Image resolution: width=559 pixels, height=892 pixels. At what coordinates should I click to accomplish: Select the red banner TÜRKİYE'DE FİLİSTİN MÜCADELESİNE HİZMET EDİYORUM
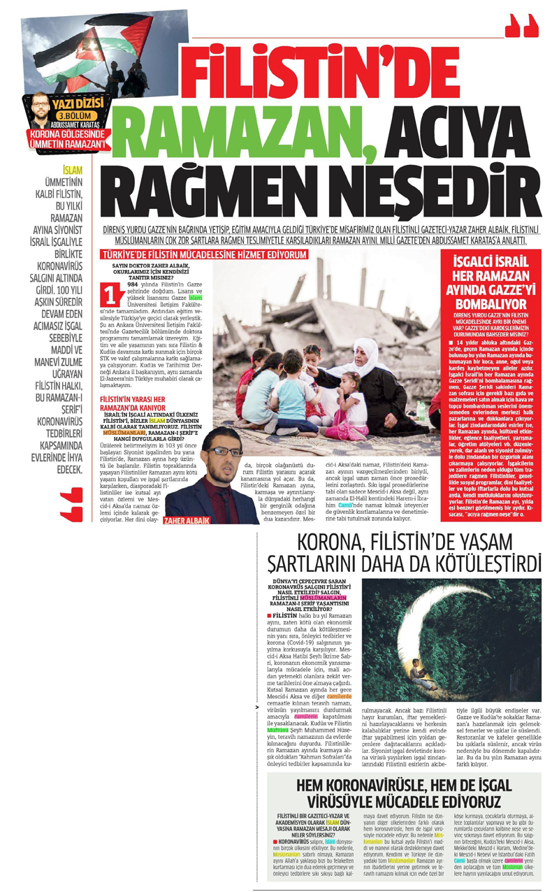204,255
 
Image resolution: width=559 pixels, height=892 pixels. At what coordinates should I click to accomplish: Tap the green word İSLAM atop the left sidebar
72,171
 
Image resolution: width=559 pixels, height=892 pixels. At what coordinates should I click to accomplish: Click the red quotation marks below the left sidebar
71,505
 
